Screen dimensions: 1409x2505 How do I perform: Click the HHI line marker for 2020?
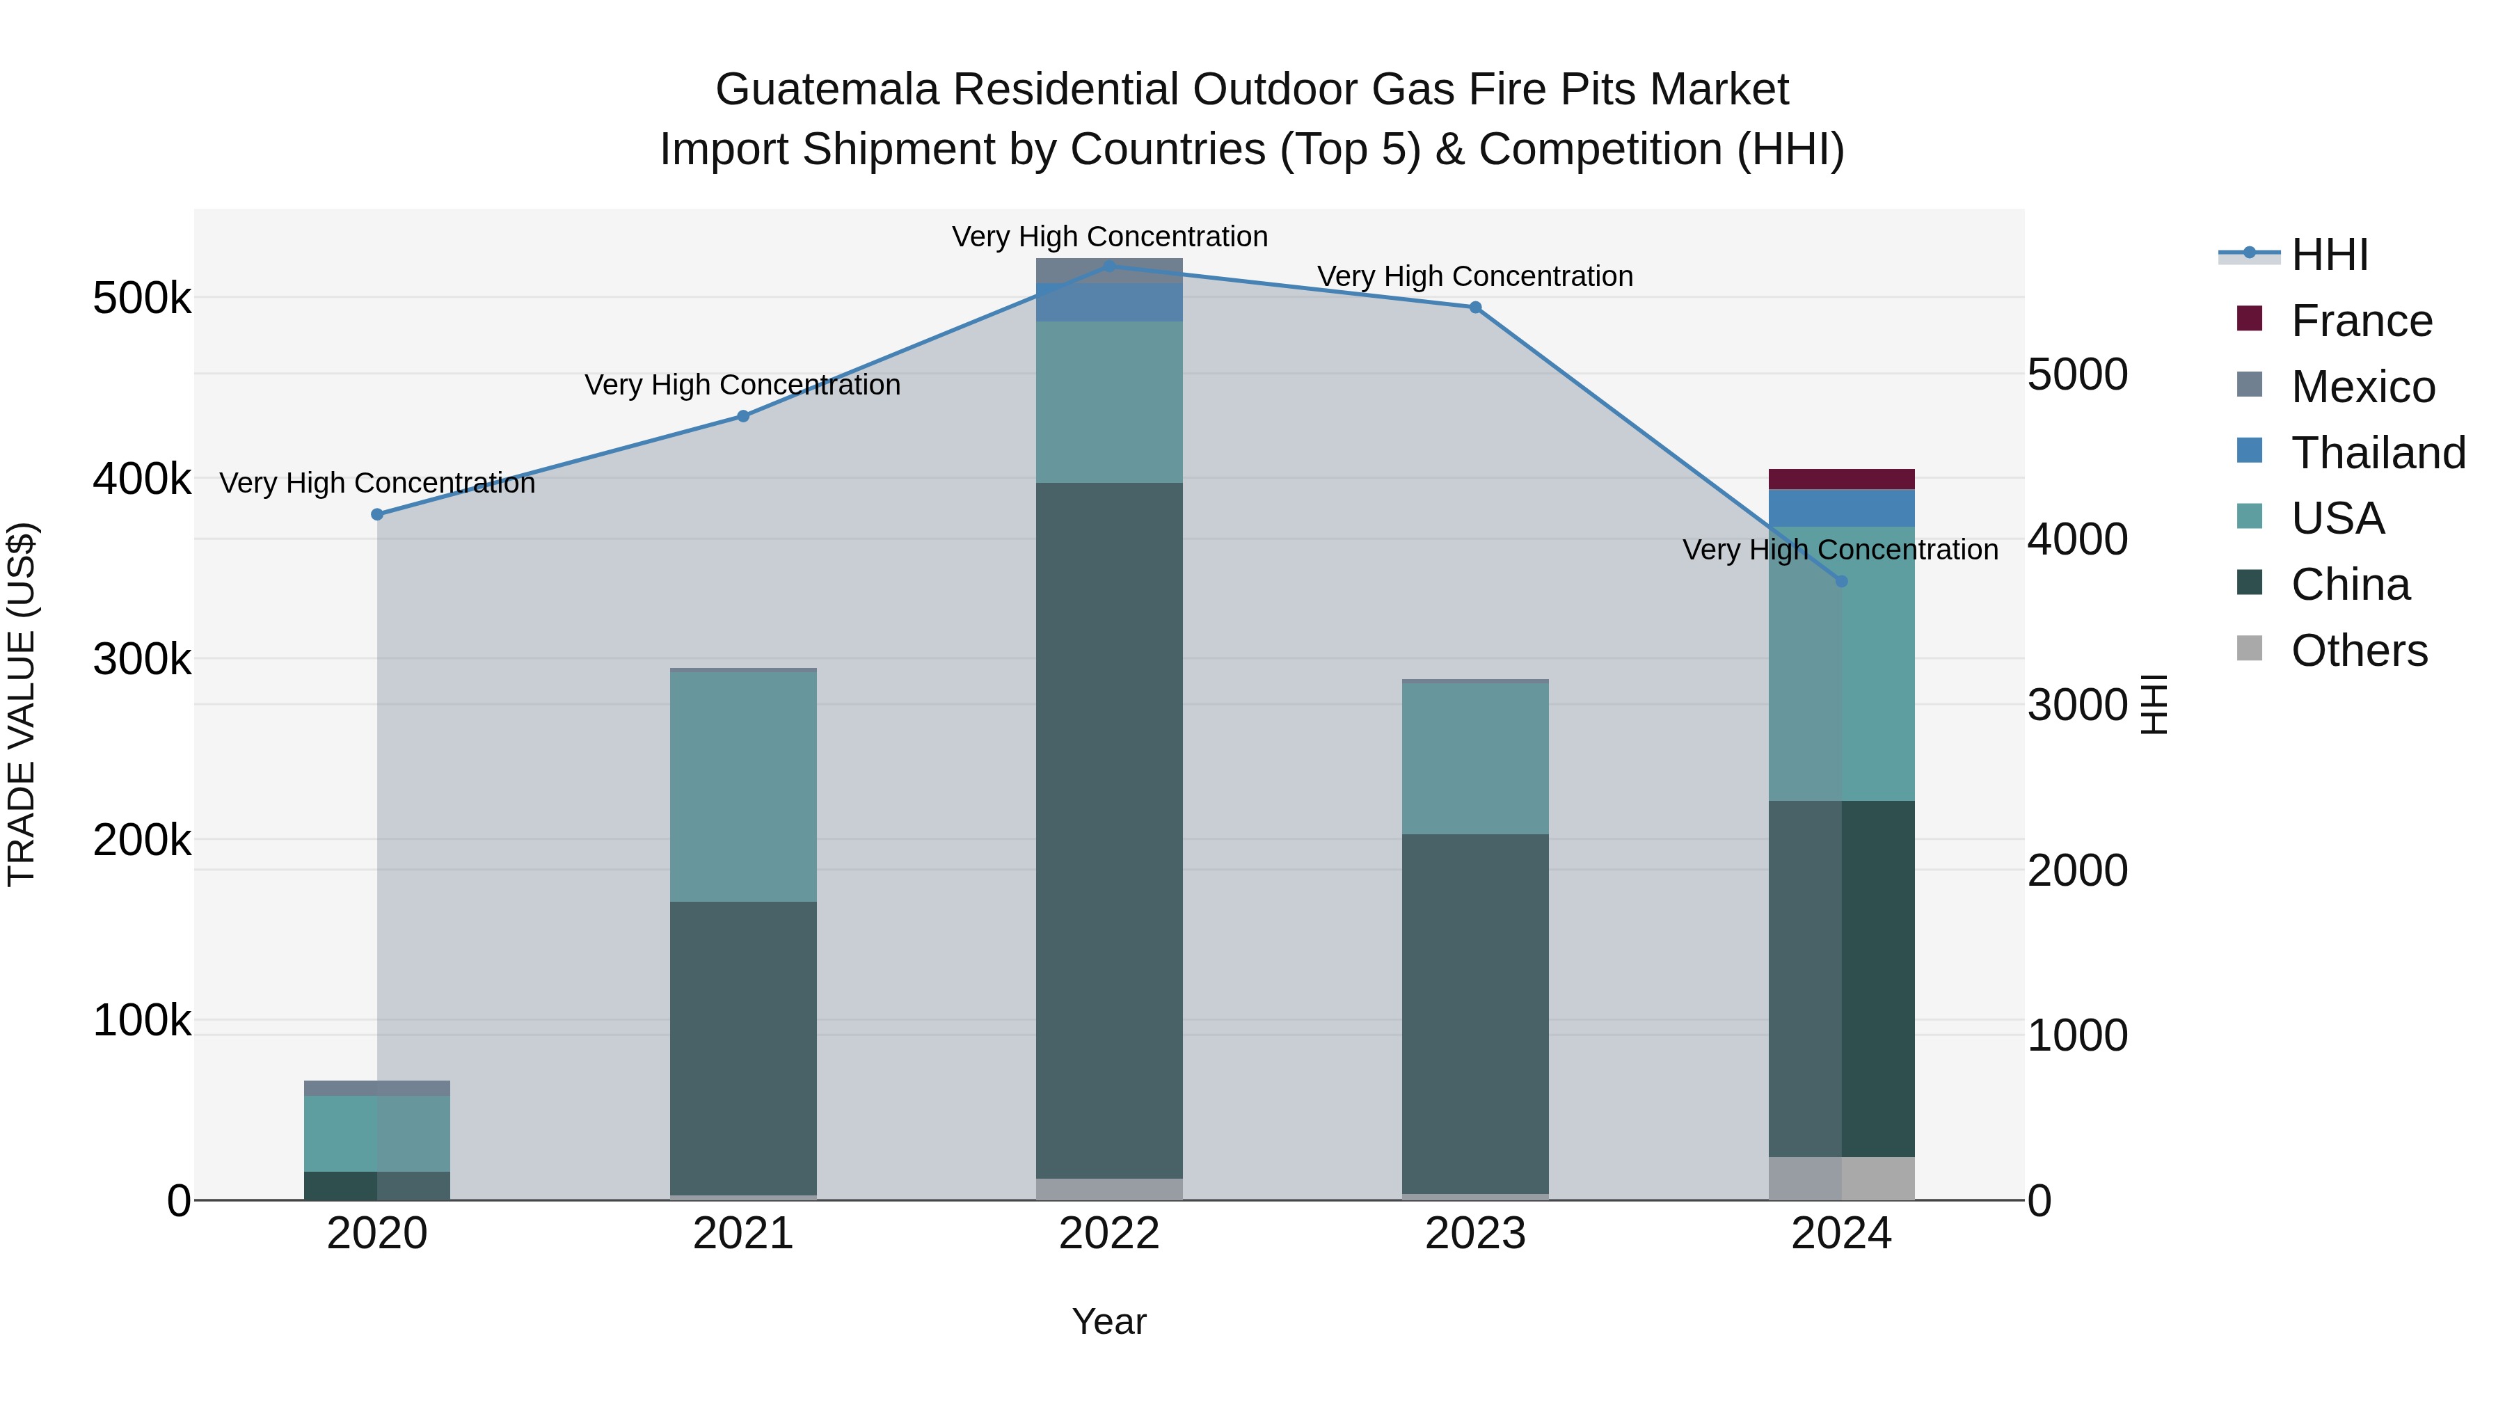coord(377,514)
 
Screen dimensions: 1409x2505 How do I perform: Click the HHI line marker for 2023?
coord(1475,308)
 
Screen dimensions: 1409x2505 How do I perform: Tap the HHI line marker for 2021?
coord(743,416)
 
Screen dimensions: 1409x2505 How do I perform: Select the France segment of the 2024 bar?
coord(1840,479)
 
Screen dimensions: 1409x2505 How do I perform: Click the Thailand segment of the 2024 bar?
coord(1840,508)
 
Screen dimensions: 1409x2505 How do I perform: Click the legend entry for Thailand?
coord(2378,452)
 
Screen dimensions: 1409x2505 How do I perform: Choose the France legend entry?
coord(2361,321)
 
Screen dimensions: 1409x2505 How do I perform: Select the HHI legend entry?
coord(2329,255)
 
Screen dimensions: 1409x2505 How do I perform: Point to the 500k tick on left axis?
coord(142,298)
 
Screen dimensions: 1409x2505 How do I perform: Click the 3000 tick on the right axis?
coord(2078,704)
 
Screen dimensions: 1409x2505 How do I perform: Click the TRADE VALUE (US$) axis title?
coord(22,704)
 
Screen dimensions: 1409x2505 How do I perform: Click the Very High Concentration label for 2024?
coord(1840,550)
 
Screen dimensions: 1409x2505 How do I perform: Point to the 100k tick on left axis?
coord(142,1020)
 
